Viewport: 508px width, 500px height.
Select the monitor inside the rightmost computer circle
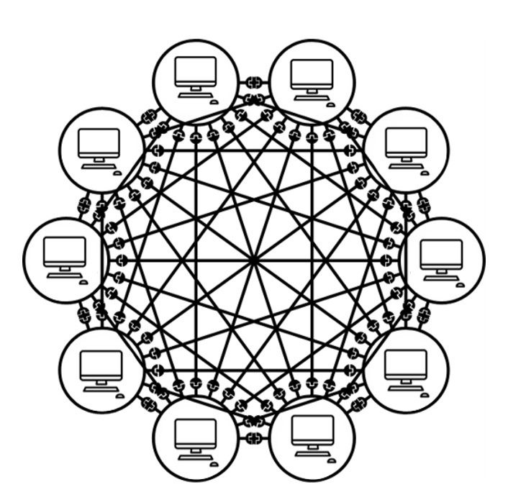441,253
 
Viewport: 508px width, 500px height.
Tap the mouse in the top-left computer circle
214,102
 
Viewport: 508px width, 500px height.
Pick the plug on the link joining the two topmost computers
253,81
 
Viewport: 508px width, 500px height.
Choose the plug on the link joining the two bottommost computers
253,437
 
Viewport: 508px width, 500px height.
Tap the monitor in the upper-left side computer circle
99,142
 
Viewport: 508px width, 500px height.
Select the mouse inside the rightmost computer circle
460,282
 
